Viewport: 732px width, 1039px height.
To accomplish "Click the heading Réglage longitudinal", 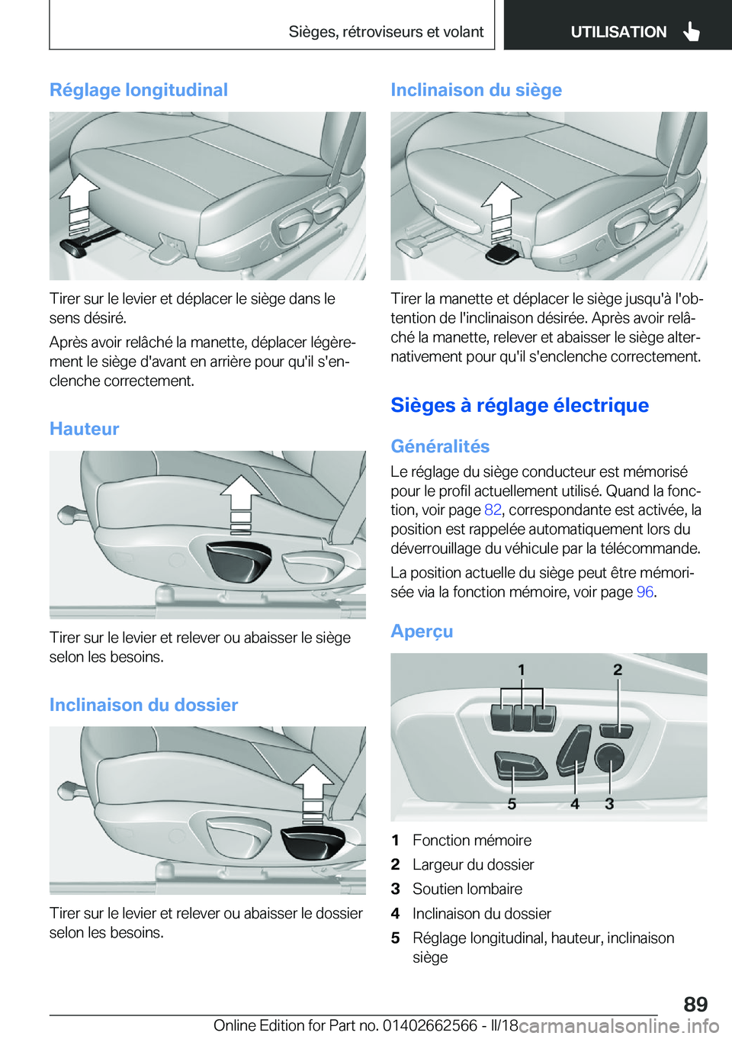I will point(139,90).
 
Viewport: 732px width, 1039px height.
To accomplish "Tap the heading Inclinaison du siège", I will point(476,90).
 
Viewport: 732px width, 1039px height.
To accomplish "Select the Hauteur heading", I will point(84,429).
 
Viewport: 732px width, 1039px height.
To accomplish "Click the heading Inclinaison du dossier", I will point(143,705).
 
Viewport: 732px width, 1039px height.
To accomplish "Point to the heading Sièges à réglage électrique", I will point(519,405).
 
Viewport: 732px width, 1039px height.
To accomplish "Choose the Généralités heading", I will point(440,446).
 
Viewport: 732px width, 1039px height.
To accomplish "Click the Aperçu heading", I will point(422,632).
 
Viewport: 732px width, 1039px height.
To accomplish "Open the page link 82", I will point(493,510).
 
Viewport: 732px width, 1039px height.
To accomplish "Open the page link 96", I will point(645,592).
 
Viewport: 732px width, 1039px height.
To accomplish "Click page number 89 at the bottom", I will point(695,1004).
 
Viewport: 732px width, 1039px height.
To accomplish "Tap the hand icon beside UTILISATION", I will point(692,31).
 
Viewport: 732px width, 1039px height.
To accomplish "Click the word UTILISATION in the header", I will point(618,32).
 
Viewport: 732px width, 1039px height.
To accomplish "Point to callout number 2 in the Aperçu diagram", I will point(618,670).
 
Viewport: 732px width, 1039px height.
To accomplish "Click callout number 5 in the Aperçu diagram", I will point(512,804).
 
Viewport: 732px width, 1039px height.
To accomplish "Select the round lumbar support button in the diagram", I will point(609,757).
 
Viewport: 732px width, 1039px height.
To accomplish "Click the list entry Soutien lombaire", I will point(467,889).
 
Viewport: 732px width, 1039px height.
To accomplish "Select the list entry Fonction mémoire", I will point(472,841).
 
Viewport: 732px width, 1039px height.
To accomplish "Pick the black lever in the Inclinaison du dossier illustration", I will point(313,841).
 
